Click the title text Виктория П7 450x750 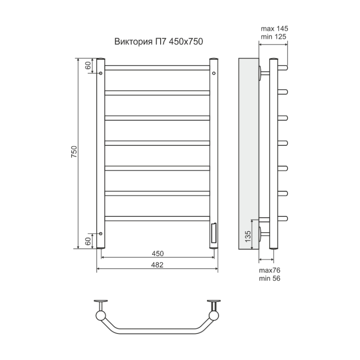point(159,41)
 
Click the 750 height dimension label point(74,152)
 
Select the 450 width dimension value point(158,253)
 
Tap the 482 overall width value point(157,265)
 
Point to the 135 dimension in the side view point(248,236)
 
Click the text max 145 point(274,29)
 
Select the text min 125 point(274,37)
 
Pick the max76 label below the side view point(270,270)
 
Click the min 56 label point(270,278)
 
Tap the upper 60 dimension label point(88,66)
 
